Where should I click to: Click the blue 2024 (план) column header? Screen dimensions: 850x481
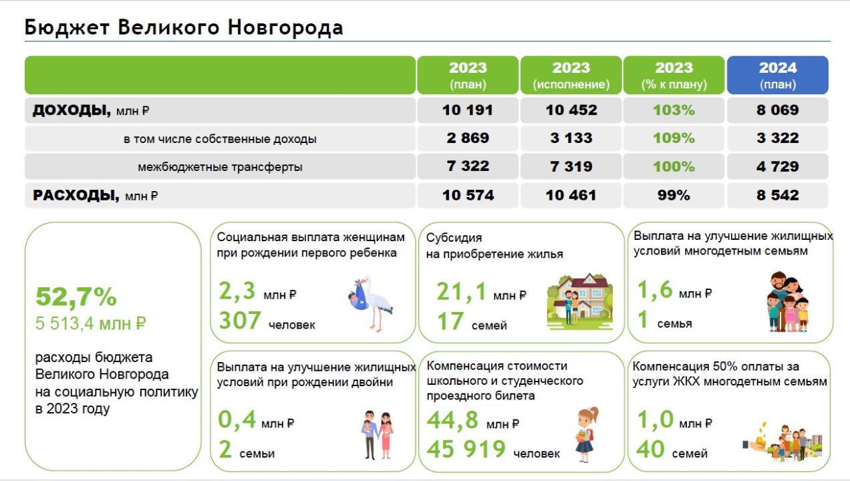[x=778, y=75]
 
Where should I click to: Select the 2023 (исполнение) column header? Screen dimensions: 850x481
[x=571, y=75]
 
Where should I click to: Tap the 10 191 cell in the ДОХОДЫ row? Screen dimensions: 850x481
[x=468, y=110]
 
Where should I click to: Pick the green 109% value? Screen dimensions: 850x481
[x=674, y=138]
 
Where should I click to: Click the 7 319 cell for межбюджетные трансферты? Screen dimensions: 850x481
[x=571, y=166]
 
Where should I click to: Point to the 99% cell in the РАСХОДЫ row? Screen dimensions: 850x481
[x=674, y=195]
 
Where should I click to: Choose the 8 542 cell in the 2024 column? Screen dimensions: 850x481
[x=778, y=195]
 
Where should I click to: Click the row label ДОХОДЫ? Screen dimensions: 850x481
[x=72, y=110]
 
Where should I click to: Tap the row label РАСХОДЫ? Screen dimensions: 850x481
[x=76, y=195]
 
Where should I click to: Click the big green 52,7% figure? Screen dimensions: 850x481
[x=76, y=297]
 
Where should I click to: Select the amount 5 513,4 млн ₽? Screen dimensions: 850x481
[x=90, y=324]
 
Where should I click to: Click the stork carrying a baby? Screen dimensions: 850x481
[x=370, y=303]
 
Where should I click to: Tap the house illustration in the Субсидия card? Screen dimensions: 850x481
[x=580, y=301]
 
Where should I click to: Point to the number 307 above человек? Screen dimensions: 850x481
[x=240, y=321]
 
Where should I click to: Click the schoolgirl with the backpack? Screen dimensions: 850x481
[x=587, y=435]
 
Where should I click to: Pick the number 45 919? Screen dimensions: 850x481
[x=466, y=449]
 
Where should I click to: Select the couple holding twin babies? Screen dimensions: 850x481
[x=377, y=435]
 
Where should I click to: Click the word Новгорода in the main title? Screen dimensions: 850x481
[x=285, y=27]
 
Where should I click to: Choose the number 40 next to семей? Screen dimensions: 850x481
[x=650, y=449]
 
